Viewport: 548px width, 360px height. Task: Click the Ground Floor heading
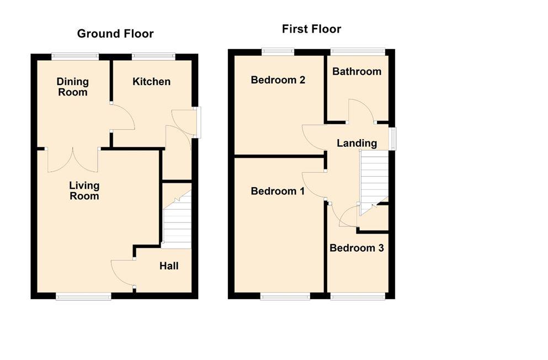115,34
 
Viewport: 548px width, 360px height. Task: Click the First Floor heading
311,29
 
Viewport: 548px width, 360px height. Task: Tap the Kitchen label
151,81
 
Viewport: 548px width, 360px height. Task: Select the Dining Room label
73,87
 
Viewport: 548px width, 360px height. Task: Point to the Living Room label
84,190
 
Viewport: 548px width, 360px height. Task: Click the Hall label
169,266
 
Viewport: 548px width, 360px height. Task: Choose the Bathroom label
357,71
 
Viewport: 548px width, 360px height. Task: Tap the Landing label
357,143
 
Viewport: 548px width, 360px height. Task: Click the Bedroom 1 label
278,191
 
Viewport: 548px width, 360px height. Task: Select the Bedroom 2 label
278,80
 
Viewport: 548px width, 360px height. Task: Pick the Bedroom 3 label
357,248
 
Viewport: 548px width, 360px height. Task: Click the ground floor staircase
177,219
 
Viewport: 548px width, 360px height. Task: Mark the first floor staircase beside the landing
374,182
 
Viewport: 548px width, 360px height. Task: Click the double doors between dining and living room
73,160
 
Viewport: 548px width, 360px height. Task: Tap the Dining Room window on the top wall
75,56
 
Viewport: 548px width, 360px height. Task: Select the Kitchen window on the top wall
153,56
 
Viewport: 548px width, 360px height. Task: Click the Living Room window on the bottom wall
83,297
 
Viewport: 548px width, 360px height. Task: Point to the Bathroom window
358,51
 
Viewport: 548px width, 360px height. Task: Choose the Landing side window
392,139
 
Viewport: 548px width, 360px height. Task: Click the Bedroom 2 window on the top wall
278,51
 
